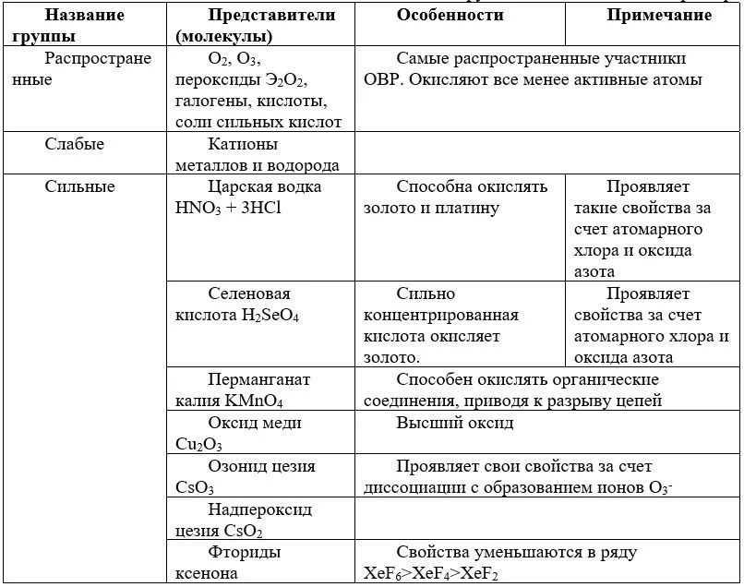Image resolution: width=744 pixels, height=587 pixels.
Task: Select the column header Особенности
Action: [450, 16]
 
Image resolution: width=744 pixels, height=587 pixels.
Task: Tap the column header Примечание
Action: [659, 16]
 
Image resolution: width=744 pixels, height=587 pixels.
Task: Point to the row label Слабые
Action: [75, 145]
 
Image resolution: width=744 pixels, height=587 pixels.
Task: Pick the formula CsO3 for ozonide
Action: [195, 487]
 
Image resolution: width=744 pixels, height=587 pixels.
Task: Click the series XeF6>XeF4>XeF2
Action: [443, 573]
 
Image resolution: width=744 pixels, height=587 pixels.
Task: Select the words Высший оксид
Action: [455, 424]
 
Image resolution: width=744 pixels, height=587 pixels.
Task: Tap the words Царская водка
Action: [265, 187]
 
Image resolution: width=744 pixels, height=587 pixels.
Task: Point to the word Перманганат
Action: [259, 380]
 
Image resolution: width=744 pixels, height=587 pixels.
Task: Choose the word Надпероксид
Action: [260, 509]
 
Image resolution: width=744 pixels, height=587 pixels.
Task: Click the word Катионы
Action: [243, 145]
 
